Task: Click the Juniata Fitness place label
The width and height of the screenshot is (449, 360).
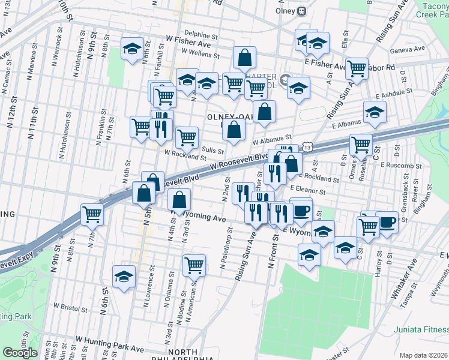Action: click(421, 329)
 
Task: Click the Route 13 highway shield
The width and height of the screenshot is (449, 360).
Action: click(308, 147)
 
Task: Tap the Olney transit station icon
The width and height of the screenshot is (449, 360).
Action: click(302, 11)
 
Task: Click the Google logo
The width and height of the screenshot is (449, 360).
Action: click(20, 353)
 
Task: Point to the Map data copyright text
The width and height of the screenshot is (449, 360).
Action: click(423, 355)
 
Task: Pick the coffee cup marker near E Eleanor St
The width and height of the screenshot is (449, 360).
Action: click(301, 210)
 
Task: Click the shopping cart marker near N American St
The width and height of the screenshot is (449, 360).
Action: click(194, 263)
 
